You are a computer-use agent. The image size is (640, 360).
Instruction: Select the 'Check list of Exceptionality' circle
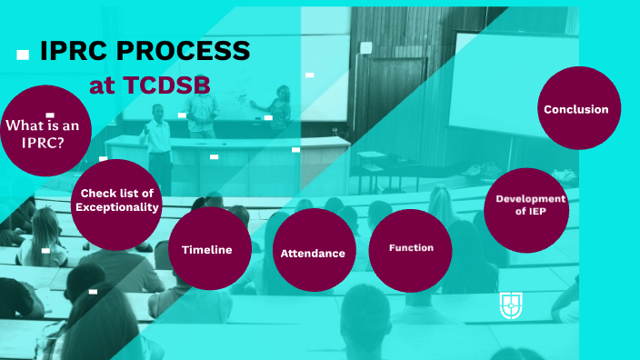(x=117, y=200)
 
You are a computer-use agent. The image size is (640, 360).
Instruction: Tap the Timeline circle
(x=207, y=249)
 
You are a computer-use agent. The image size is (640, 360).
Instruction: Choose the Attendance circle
(x=313, y=253)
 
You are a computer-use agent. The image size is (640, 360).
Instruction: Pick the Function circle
(x=410, y=247)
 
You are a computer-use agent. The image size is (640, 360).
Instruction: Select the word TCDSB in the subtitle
(x=165, y=85)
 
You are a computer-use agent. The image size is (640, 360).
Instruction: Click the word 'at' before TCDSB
(x=103, y=85)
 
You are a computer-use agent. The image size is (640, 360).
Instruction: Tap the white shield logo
(x=511, y=305)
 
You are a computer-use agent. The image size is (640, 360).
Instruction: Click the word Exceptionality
(x=117, y=207)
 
